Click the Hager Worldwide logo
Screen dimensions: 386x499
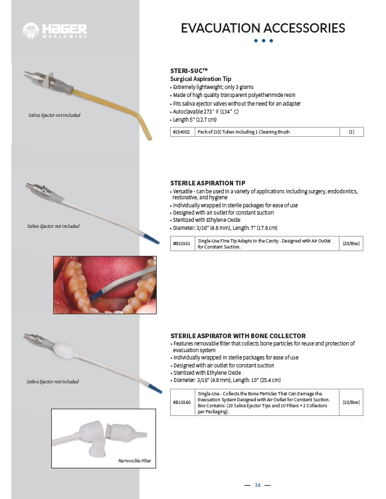tap(54, 31)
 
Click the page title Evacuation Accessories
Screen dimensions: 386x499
tap(263, 28)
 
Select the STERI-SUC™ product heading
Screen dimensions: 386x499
tap(189, 70)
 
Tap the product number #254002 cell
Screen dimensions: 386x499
tap(182, 132)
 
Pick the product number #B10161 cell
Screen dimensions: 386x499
tap(182, 243)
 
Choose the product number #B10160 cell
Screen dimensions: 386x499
tap(182, 402)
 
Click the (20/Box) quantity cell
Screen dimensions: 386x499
tap(351, 243)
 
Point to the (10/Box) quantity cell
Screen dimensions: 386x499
tap(351, 402)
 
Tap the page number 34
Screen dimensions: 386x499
tap(257, 485)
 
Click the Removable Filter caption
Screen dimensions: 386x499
tap(134, 460)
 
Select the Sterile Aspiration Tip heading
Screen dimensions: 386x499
tap(208, 183)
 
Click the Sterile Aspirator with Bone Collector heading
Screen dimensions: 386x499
tap(238, 336)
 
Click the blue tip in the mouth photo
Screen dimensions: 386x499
tap(96, 295)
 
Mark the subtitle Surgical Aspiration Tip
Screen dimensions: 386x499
tap(201, 79)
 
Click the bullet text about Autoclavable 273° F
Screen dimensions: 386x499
tap(205, 112)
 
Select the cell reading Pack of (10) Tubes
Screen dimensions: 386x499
tap(243, 132)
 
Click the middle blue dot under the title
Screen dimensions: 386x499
tap(263, 41)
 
